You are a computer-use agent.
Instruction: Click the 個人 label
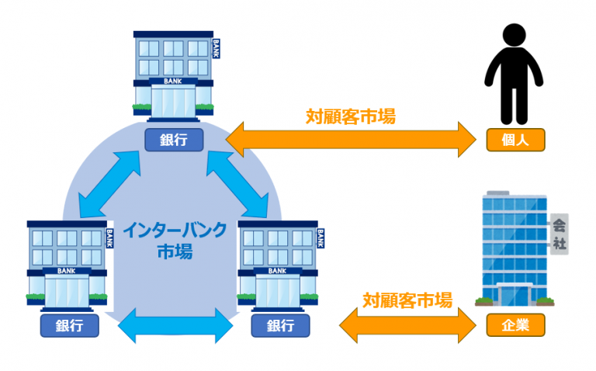[x=515, y=140]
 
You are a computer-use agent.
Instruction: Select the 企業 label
[x=515, y=325]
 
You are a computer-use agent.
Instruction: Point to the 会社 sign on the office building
[x=559, y=234]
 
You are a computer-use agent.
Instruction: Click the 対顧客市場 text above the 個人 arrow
[x=350, y=116]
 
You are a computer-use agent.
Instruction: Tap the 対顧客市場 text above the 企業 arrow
[x=407, y=300]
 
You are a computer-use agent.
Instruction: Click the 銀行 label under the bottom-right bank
[x=280, y=326]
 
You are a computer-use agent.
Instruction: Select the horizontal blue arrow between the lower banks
[x=175, y=324]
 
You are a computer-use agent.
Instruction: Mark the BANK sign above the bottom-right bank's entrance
[x=277, y=272]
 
